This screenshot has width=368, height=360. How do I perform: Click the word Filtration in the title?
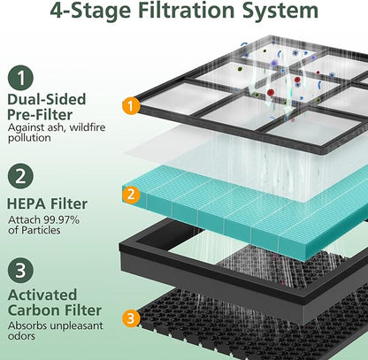[x=187, y=10]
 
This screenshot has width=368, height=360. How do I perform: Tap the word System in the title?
[x=280, y=11]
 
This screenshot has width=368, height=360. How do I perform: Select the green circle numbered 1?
[x=20, y=78]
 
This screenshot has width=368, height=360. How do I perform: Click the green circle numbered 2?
[x=20, y=177]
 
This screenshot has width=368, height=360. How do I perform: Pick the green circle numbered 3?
[x=20, y=271]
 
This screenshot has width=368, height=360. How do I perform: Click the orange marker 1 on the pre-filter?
[x=131, y=106]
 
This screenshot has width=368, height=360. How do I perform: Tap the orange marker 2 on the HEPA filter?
[x=131, y=195]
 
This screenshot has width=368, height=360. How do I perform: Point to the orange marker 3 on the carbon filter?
[x=131, y=318]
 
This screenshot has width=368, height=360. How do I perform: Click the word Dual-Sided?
[x=47, y=99]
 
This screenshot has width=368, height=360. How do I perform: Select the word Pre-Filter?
[x=40, y=115]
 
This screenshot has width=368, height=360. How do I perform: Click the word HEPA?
[x=27, y=204]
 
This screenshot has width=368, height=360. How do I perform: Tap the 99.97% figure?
[x=61, y=219]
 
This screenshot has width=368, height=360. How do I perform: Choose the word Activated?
[x=42, y=295]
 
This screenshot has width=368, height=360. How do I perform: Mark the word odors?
[x=21, y=336]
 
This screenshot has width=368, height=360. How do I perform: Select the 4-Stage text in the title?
[x=90, y=11]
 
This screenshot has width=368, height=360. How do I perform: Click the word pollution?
[x=29, y=138]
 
